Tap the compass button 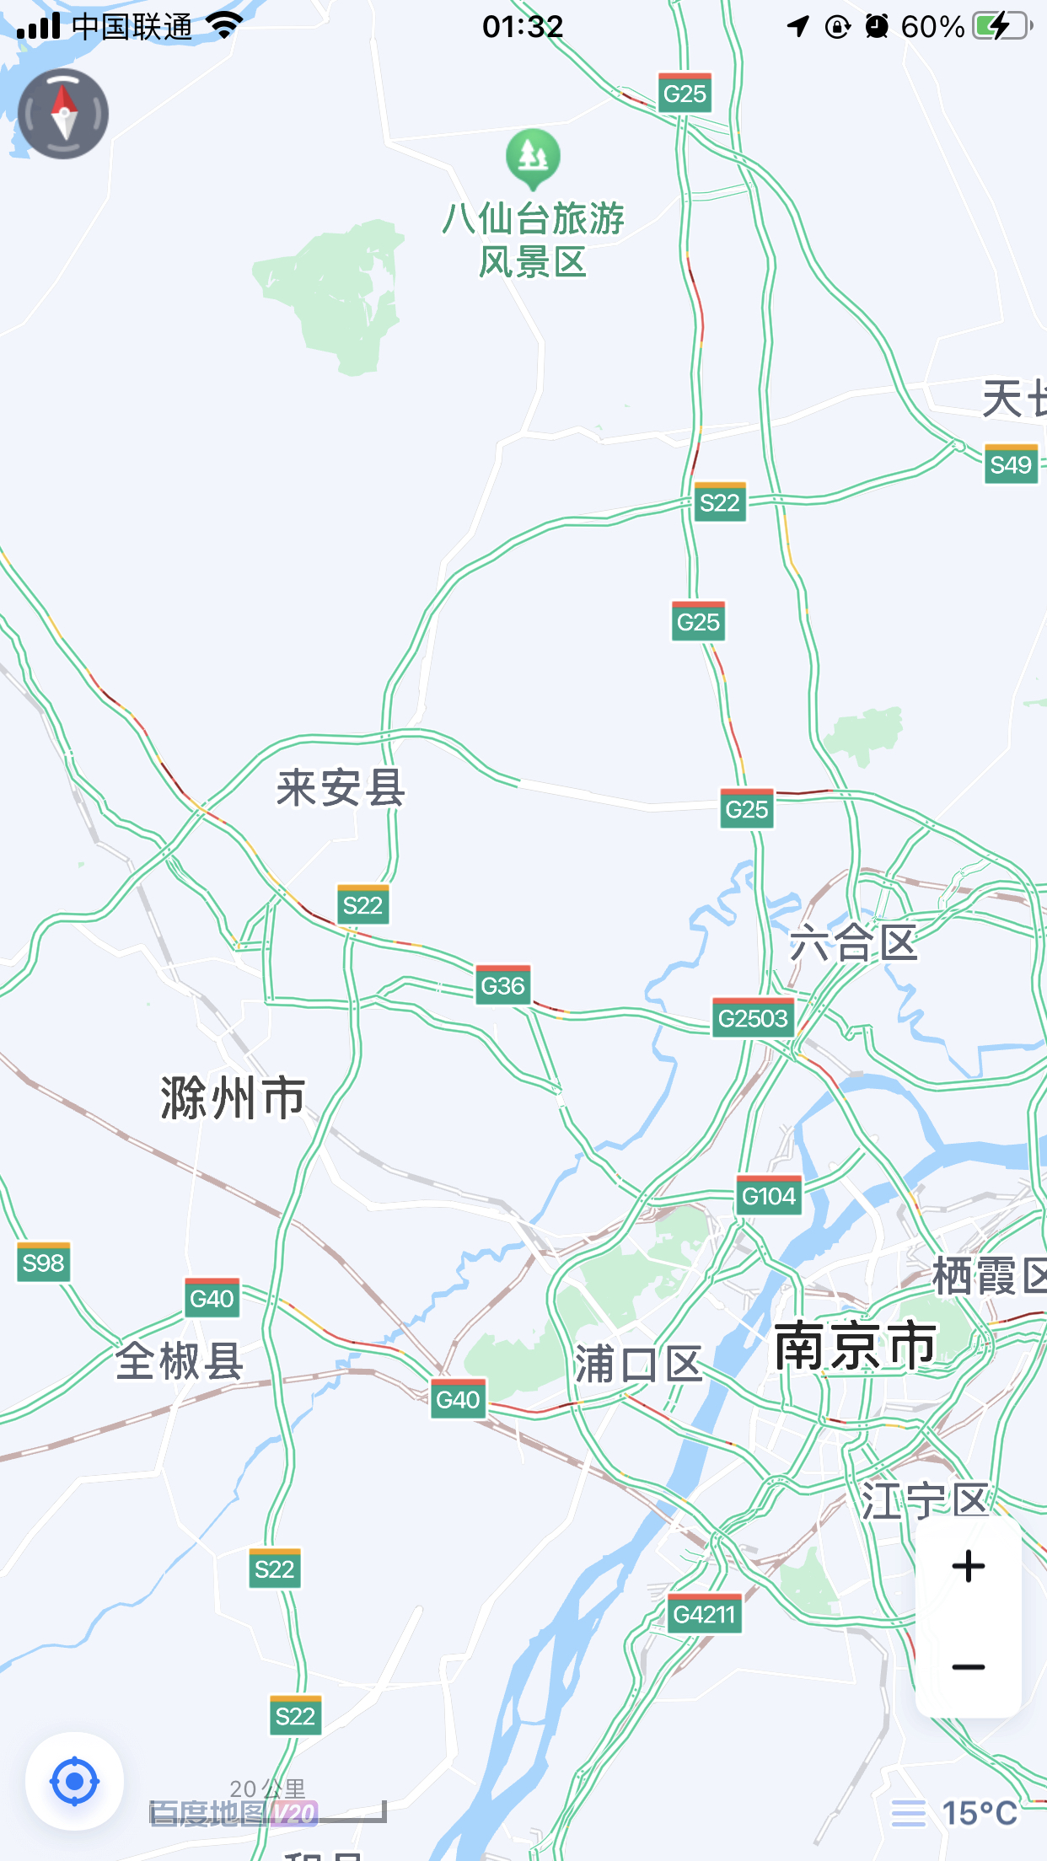63,114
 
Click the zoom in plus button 968,1566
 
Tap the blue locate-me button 74,1781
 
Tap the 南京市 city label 854,1346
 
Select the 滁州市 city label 233,1097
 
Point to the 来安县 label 341,788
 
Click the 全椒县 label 180,1360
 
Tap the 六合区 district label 853,942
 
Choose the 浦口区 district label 638,1365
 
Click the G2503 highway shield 753,1018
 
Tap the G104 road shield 769,1196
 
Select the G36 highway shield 502,985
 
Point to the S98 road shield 43,1263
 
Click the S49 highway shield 1011,464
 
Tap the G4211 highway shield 704,1614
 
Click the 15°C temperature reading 979,1813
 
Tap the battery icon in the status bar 1001,26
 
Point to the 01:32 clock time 523,26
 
